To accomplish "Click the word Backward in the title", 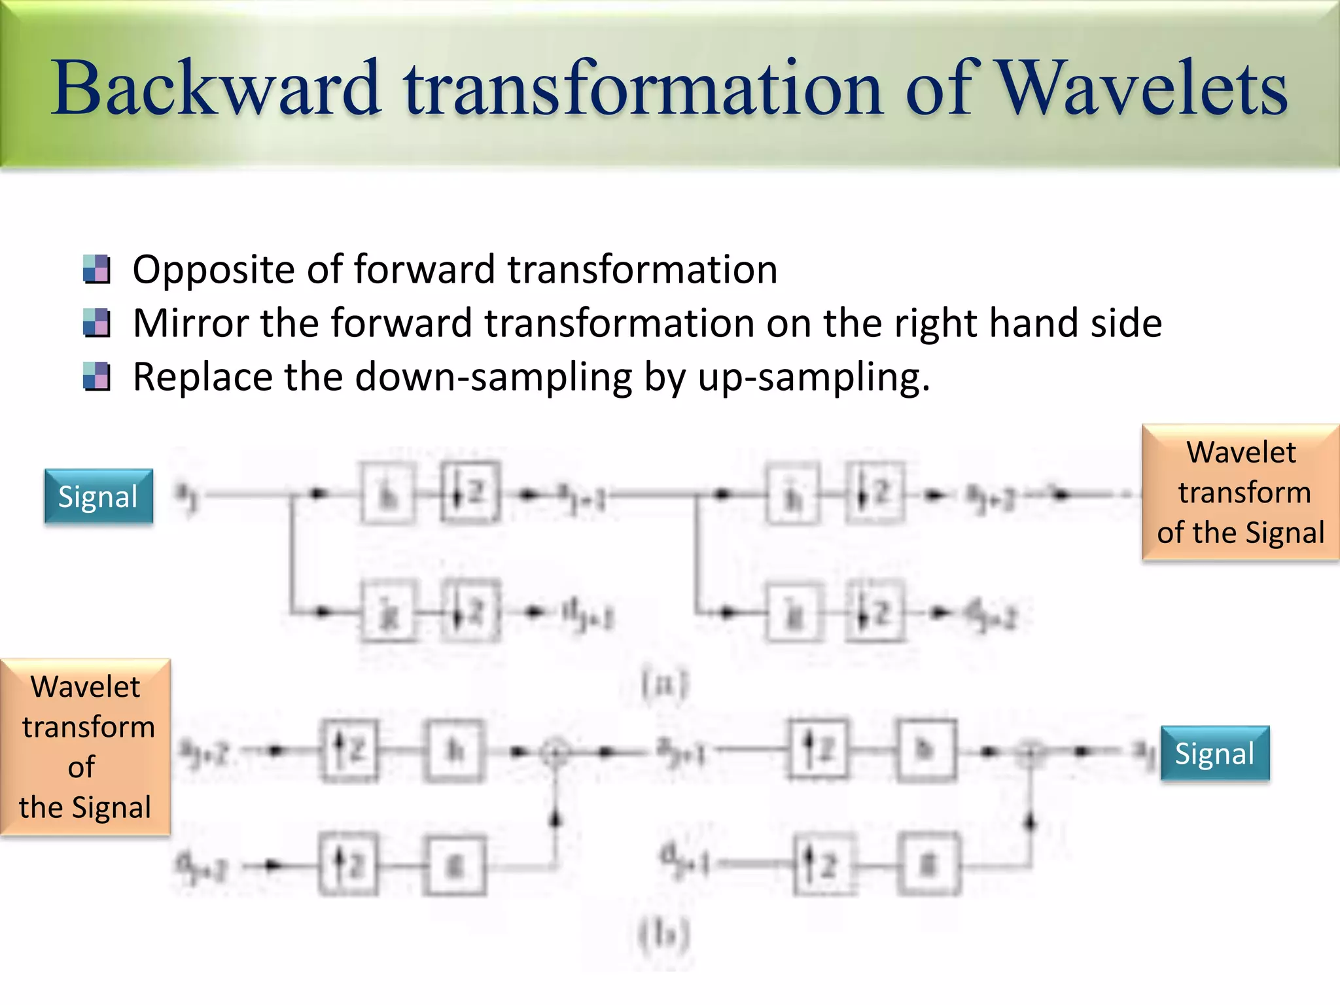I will coord(216,88).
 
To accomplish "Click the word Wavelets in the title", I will coord(1142,88).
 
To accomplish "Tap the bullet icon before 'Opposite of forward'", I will coord(97,269).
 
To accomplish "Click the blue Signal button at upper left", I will coord(98,497).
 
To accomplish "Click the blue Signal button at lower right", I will coord(1214,753).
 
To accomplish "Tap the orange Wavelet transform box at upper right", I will coord(1241,492).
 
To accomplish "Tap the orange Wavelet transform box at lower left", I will coord(86,747).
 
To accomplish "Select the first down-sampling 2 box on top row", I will coord(470,492).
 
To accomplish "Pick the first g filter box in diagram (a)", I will coord(388,612).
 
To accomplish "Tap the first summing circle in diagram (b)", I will coord(555,752).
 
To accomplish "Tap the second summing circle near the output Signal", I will coord(1031,752).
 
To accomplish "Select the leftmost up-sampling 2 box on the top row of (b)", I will coord(349,750).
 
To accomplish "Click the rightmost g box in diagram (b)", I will coord(928,865).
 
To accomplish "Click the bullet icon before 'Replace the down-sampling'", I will coord(97,377).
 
